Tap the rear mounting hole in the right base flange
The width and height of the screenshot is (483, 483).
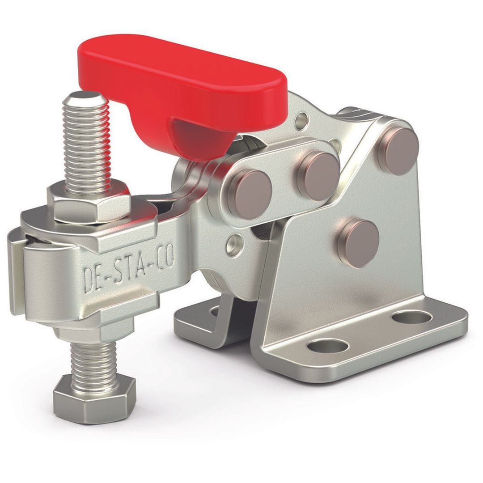(x=411, y=317)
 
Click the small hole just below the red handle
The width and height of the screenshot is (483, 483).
(x=302, y=119)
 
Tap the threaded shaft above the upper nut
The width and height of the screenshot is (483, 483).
(x=88, y=143)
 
